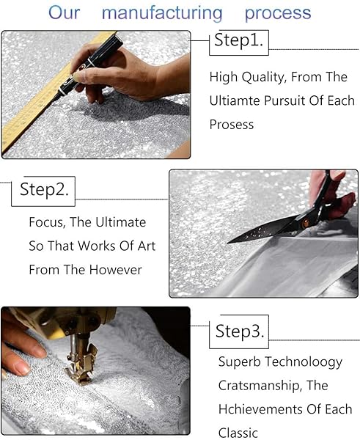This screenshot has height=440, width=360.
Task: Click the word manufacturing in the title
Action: click(162, 13)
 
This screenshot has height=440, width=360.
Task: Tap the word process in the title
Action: click(278, 14)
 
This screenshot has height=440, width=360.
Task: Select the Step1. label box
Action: click(239, 43)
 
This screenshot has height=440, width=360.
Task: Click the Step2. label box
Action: click(43, 191)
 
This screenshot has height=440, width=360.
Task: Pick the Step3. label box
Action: click(239, 331)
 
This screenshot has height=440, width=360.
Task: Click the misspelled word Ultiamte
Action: click(235, 100)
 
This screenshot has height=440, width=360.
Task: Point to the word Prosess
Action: click(232, 125)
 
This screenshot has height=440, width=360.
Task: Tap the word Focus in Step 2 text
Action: click(47, 222)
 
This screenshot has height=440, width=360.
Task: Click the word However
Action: click(116, 270)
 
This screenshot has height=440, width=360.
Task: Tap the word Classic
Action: click(238, 433)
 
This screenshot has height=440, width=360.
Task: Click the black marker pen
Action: click(89, 67)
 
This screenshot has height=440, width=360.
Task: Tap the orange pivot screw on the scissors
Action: click(305, 223)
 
